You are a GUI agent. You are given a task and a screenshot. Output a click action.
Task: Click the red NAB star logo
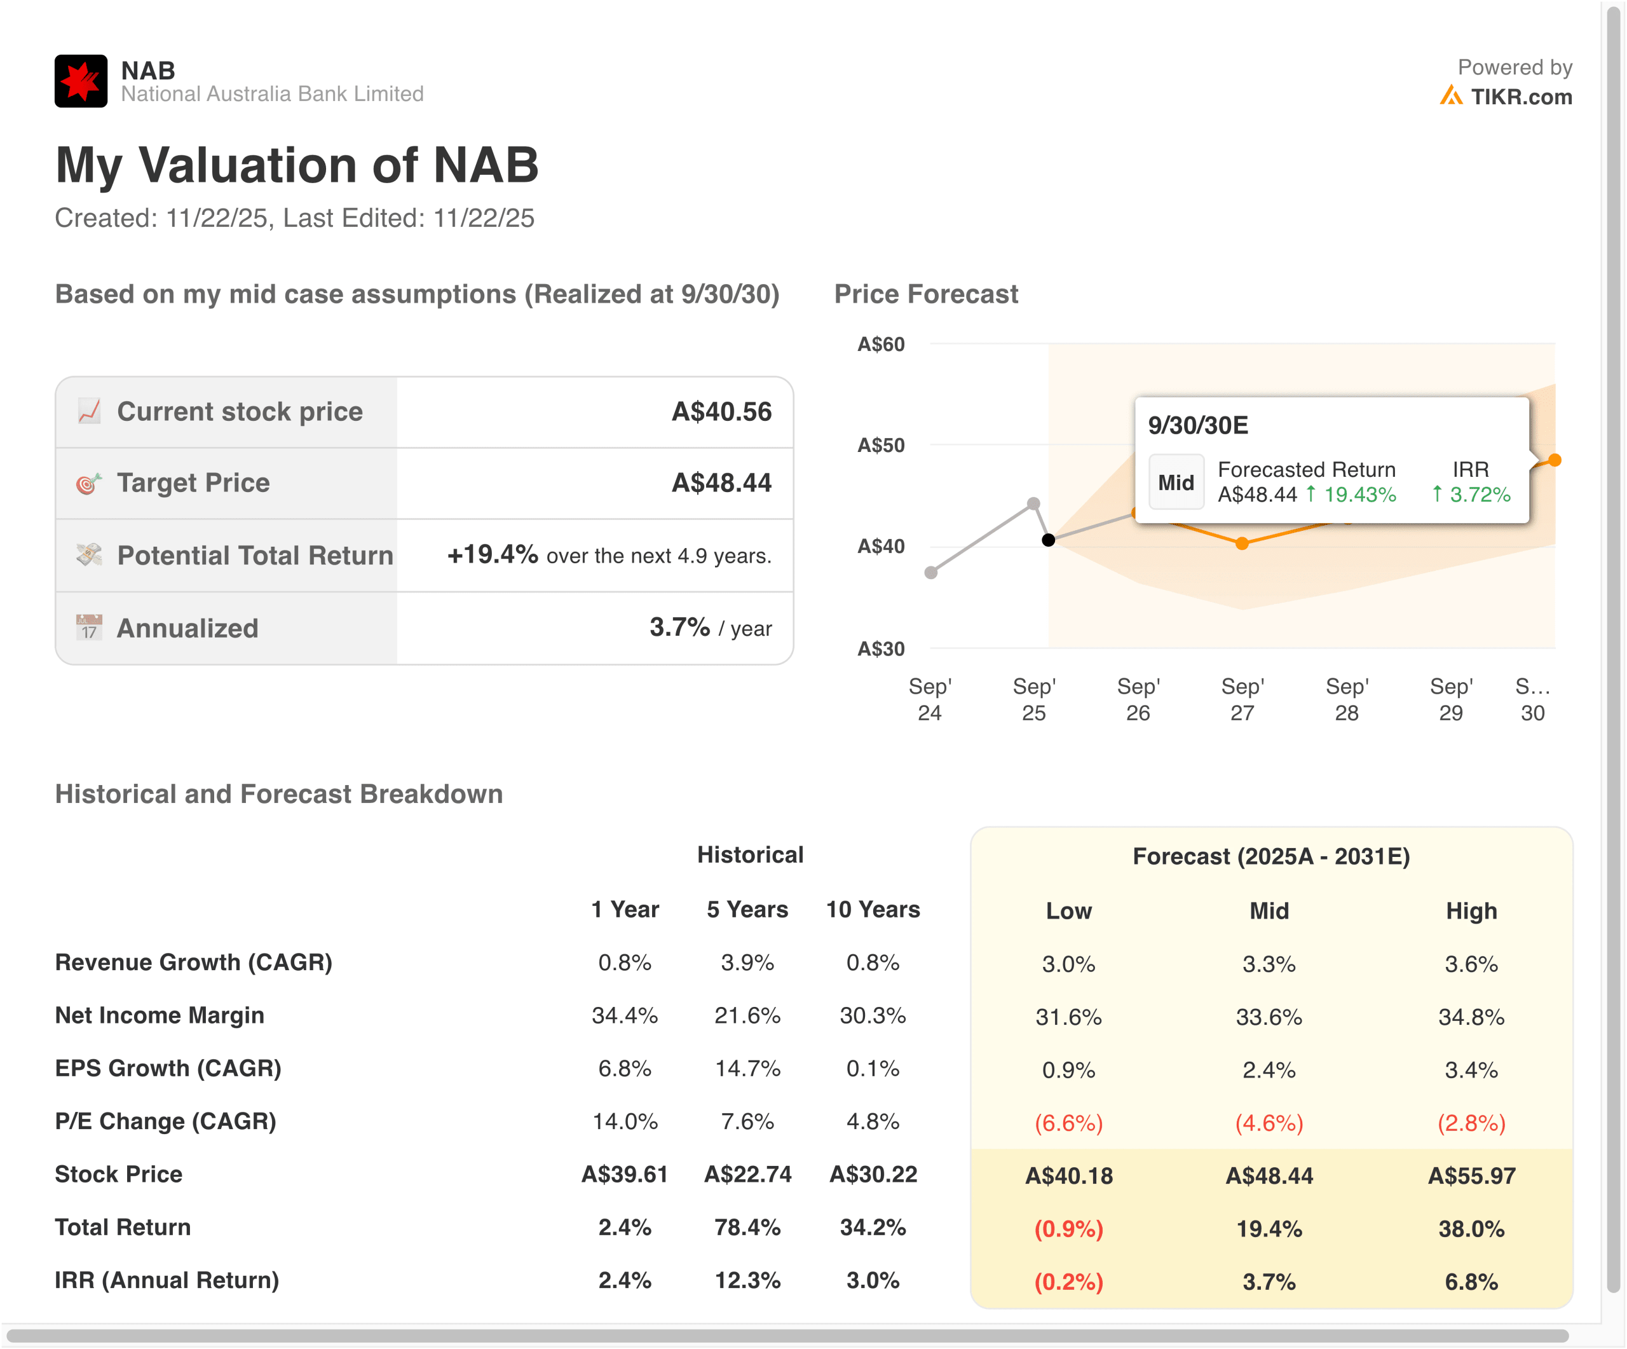coord(81,81)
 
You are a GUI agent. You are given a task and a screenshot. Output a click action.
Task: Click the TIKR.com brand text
coord(1521,97)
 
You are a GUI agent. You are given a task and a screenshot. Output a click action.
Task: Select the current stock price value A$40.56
coord(721,411)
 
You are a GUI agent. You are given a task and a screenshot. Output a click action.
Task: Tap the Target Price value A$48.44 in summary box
coord(721,483)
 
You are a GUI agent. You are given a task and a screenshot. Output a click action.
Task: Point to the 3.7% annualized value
coord(679,627)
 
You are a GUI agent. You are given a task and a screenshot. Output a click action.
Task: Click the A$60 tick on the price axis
coord(880,344)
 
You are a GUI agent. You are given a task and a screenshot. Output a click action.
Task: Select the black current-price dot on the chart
coord(1048,540)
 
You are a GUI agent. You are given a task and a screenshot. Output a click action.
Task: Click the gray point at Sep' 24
coord(931,573)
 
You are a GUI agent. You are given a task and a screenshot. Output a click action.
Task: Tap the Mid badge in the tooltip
coord(1175,483)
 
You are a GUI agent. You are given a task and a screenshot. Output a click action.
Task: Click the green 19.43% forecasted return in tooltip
coord(1359,495)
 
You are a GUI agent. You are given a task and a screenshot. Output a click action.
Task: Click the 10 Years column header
coord(873,909)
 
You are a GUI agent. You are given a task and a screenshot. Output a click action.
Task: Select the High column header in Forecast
coord(1471,910)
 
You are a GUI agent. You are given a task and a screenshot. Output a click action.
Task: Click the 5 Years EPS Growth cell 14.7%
coord(747,1069)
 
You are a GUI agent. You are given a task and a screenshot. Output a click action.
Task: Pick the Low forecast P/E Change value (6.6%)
coord(1068,1123)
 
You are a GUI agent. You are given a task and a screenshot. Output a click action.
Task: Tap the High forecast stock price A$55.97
coord(1471,1175)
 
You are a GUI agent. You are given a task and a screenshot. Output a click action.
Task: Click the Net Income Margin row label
coord(160,1015)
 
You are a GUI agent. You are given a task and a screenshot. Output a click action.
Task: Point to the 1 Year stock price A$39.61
coord(625,1174)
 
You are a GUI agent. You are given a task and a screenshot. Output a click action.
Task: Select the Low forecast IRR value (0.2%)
coord(1068,1282)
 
